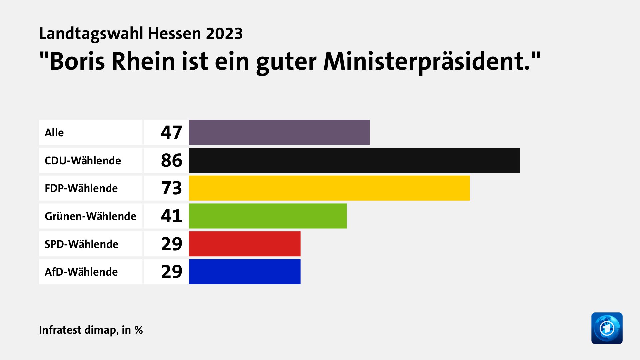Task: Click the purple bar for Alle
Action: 279,132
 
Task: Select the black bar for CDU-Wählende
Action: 354,160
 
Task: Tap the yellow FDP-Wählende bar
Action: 329,188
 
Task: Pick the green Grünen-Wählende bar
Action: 268,216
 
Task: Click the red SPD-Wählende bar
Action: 245,244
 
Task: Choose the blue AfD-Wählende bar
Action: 245,272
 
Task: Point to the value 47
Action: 171,132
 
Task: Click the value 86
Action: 171,160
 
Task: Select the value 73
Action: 171,188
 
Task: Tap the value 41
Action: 171,216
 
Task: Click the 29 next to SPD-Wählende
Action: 171,244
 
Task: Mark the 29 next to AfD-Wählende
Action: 171,272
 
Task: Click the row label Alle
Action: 54,133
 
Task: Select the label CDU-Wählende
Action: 83,161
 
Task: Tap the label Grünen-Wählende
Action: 90,216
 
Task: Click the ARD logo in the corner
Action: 607,328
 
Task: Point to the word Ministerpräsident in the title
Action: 427,62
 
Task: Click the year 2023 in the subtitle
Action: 224,34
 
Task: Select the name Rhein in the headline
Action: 143,62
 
